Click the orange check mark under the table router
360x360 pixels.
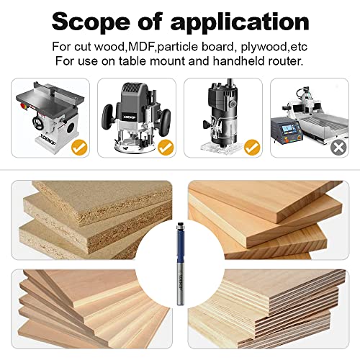(x=80, y=148)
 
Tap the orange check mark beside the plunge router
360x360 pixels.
(x=166, y=148)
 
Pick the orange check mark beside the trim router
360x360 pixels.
(x=251, y=148)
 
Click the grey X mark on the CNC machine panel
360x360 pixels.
(x=337, y=148)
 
